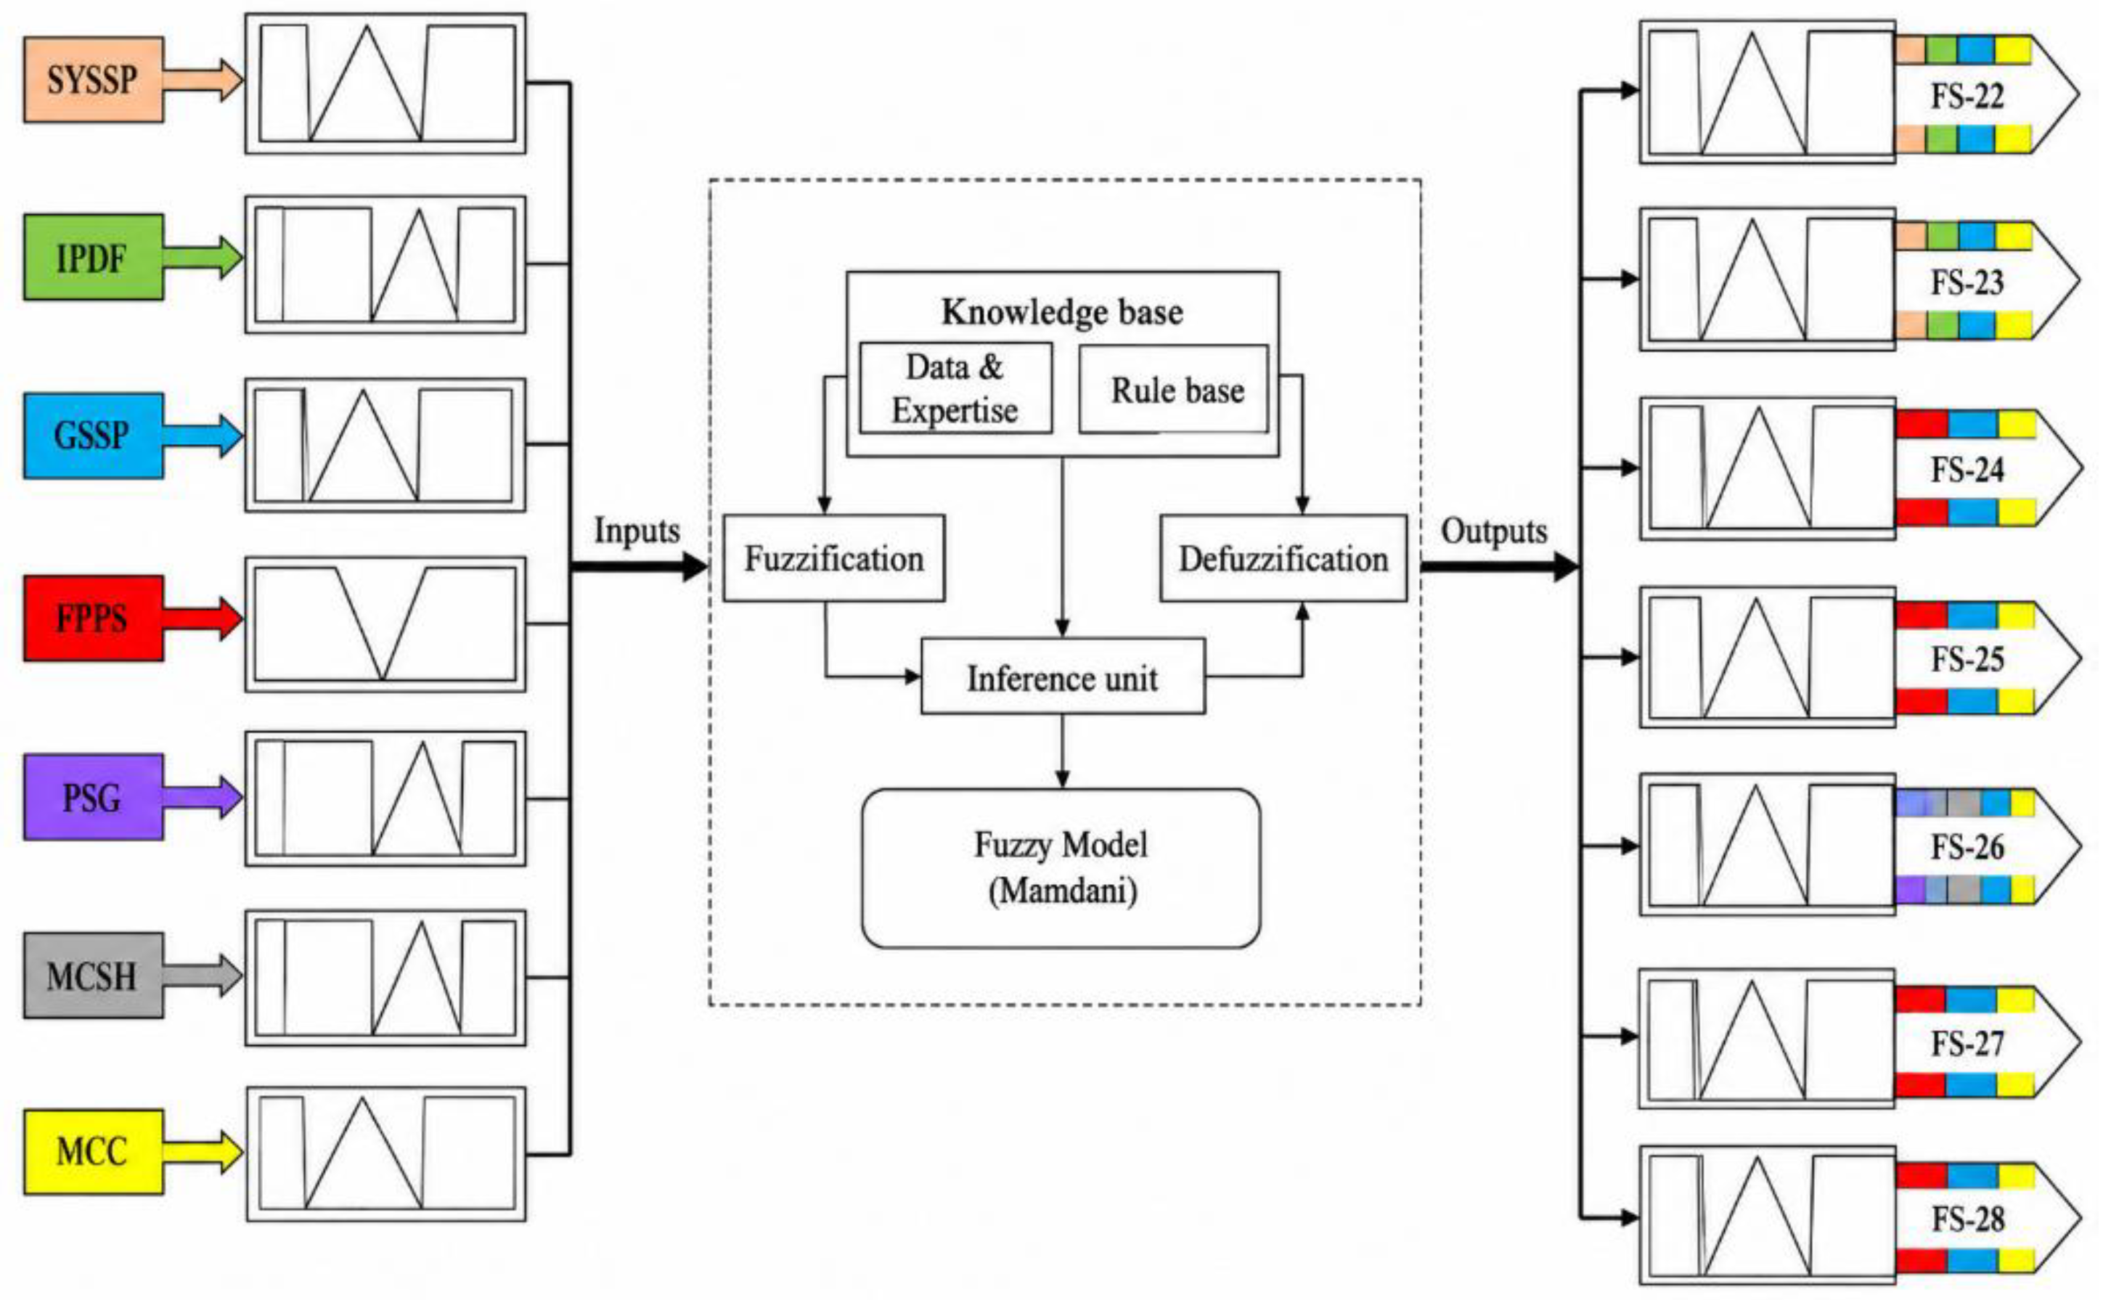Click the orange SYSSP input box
coord(93,80)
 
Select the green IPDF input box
coord(93,257)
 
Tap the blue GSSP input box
coord(93,436)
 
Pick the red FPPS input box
coord(93,618)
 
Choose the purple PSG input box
coord(93,797)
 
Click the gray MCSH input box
coord(93,976)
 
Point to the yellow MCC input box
coord(93,1152)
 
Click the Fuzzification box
coord(834,558)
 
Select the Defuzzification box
coord(1283,558)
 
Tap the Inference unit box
coord(1063,676)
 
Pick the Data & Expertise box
coord(955,388)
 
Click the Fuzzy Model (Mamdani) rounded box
coord(1061,868)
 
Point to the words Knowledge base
coord(1063,311)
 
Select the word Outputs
coord(1494,531)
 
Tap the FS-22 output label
coord(1968,95)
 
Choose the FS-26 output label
coord(1968,847)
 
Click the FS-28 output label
coord(1968,1218)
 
